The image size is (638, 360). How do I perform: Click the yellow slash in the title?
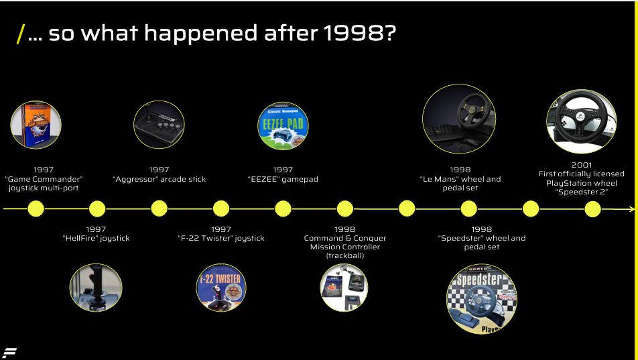point(21,34)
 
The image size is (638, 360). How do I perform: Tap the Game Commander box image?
point(36,125)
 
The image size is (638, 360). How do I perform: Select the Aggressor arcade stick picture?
point(159,125)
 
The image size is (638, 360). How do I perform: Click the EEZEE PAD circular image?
point(283,126)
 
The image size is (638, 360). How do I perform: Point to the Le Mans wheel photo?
point(459,119)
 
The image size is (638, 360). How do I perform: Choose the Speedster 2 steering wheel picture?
point(582,121)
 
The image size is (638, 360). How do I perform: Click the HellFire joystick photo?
point(96,288)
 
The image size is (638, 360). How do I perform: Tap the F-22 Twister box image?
point(221,288)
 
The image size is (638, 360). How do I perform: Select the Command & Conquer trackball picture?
point(344,288)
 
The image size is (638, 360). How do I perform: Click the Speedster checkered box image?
point(482,299)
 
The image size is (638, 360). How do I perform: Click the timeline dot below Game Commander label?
point(36,209)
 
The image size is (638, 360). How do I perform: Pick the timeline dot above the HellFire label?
point(97,209)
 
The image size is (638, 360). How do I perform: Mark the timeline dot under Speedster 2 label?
point(592,209)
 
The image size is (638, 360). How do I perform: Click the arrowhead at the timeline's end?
point(632,209)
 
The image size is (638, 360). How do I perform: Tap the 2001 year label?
point(582,165)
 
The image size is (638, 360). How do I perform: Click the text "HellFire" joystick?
point(96,238)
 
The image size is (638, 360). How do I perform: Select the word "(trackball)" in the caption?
point(345,255)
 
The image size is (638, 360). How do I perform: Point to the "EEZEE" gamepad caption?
point(283,179)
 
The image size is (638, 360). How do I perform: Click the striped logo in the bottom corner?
point(9,353)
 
